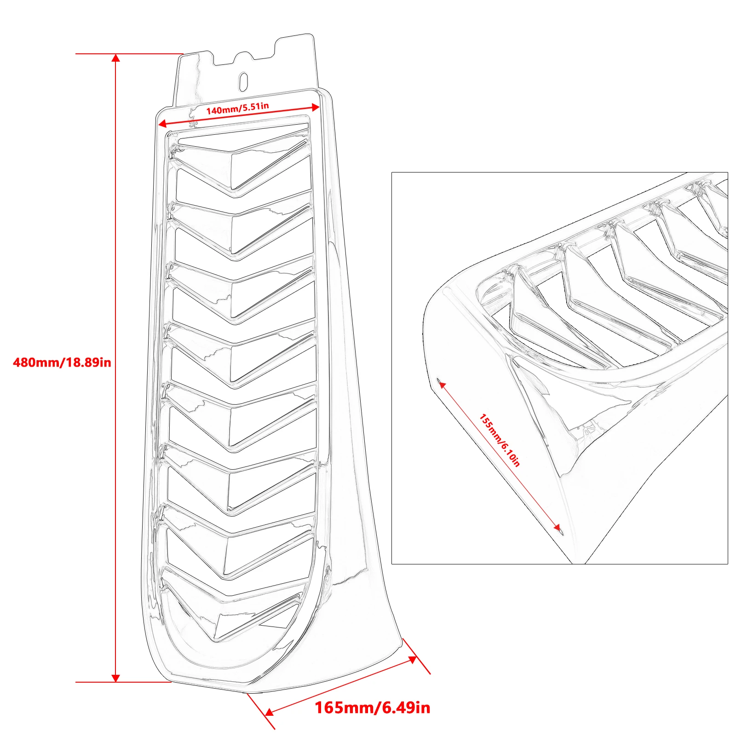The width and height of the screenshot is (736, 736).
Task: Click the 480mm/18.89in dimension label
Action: coord(62,362)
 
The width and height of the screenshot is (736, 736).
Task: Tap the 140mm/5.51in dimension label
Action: coord(237,109)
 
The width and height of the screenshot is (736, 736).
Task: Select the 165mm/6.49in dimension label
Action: coord(373,707)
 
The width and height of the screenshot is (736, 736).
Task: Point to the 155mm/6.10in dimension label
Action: coord(500,440)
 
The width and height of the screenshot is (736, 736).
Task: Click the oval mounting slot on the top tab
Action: coord(244,80)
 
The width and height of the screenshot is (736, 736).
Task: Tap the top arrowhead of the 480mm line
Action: coord(116,58)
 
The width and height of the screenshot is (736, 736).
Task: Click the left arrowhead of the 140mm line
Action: coord(162,123)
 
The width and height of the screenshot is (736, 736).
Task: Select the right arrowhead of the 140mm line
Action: coord(316,107)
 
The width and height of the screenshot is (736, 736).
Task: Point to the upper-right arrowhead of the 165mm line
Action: coord(413,660)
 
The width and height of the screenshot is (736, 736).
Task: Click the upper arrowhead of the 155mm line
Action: coord(442,385)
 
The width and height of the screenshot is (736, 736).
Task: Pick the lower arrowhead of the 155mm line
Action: coord(557,528)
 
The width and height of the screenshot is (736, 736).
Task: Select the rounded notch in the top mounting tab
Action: coord(243,57)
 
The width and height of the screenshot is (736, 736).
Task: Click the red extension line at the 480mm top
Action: coord(129,54)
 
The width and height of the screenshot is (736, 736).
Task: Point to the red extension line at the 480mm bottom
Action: coord(123,682)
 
